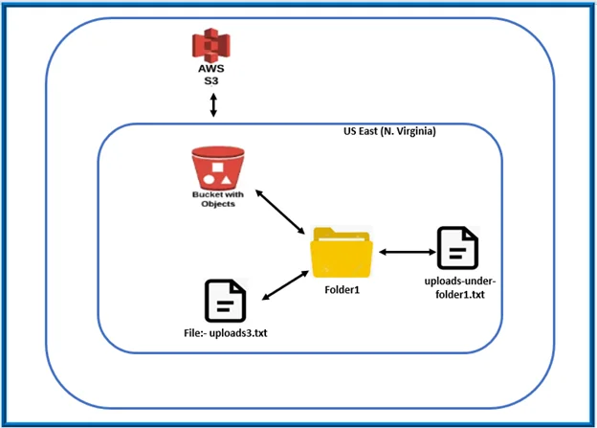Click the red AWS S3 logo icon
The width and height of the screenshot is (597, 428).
211,45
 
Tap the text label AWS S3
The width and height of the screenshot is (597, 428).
211,75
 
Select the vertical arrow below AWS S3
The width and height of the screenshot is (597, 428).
213,105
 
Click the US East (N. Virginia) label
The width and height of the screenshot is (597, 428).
389,131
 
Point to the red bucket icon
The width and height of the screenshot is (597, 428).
218,169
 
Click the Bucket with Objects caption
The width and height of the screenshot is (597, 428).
218,199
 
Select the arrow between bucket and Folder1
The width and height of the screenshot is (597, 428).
279,212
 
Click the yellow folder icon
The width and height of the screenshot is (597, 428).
342,253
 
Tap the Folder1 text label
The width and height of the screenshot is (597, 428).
342,290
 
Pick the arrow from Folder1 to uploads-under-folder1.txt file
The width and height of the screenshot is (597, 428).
408,252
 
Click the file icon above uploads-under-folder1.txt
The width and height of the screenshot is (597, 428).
457,248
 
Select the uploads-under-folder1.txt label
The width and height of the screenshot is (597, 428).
460,288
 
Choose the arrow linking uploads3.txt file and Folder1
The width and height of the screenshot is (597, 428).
285,285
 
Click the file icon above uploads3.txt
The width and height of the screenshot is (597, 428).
226,301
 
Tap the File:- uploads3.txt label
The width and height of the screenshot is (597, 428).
226,333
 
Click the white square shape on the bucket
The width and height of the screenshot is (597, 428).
217,168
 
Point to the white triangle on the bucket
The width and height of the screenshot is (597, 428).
226,181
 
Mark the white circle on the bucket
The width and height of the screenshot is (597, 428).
209,181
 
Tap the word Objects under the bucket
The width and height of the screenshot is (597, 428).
218,204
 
